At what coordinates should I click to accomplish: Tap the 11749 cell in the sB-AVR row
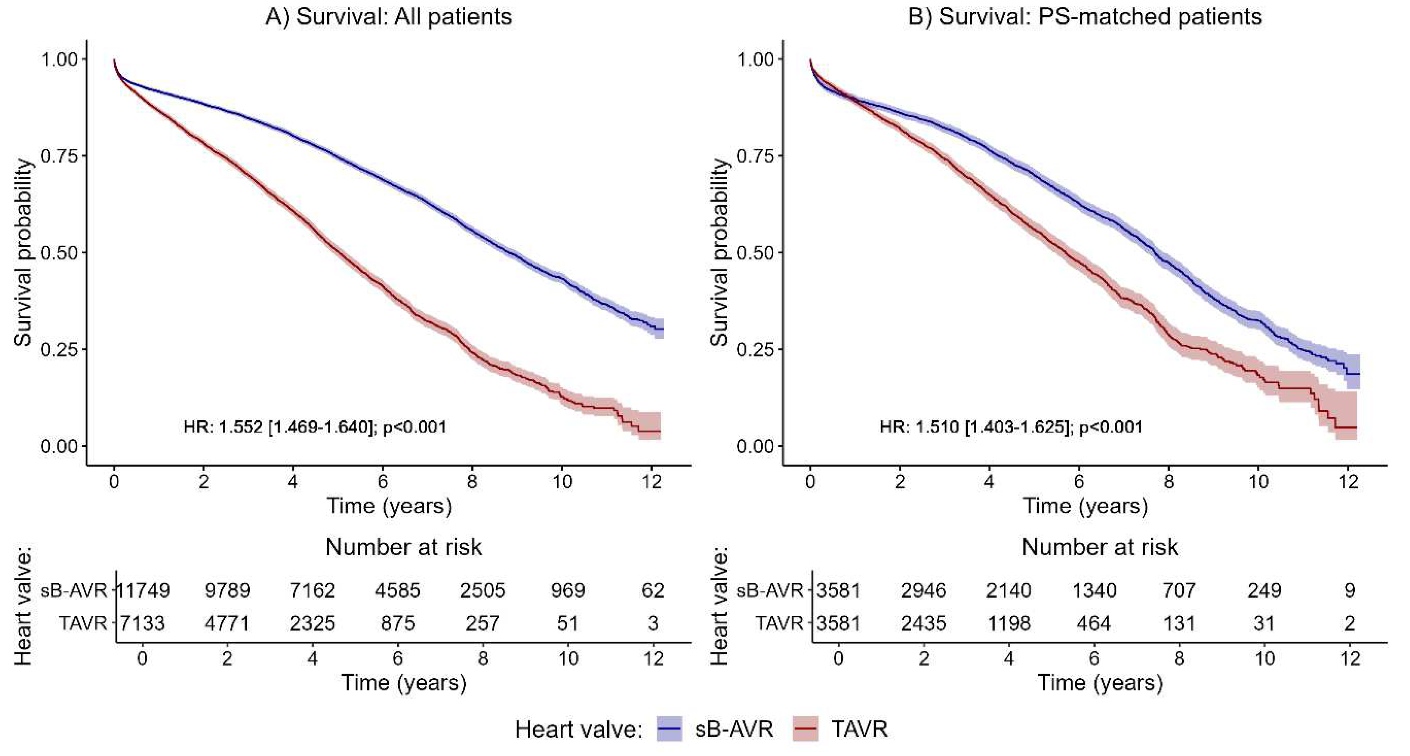[x=143, y=590]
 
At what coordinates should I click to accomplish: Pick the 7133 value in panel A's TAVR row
[x=142, y=623]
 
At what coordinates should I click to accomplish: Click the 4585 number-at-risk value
[x=398, y=590]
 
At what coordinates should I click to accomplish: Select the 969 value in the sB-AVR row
[x=568, y=590]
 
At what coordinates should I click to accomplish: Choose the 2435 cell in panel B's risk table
[x=923, y=623]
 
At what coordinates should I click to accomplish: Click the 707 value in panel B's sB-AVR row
[x=1179, y=590]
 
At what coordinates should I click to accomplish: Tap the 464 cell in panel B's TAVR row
[x=1094, y=623]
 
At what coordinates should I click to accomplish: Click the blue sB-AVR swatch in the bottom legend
[x=669, y=729]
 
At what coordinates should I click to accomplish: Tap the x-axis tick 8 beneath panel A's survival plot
[x=472, y=482]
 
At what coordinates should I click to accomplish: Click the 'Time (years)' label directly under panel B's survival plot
[x=1085, y=505]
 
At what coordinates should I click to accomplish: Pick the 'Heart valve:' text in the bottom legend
[x=579, y=730]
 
